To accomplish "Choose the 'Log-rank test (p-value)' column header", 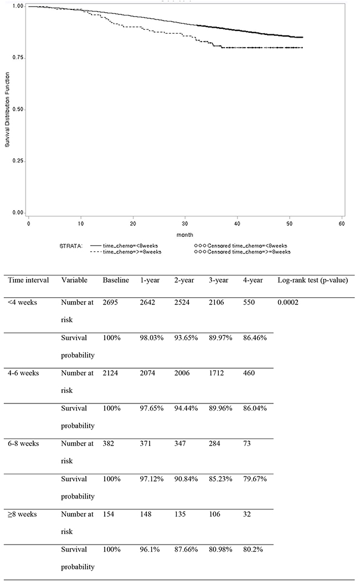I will point(312,280).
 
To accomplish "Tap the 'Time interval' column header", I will point(28,280).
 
